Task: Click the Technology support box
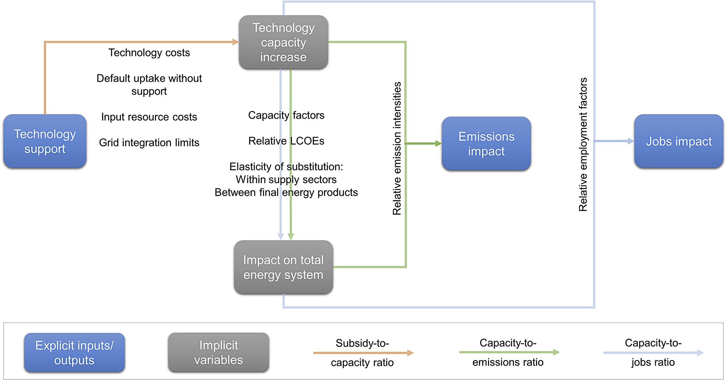(45, 141)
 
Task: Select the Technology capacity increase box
(283, 42)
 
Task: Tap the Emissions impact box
(486, 144)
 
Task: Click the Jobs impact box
(678, 141)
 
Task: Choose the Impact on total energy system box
(283, 267)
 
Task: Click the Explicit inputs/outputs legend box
(74, 352)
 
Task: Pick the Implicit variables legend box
(218, 352)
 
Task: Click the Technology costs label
(149, 53)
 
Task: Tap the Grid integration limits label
(149, 143)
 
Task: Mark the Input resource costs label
(149, 117)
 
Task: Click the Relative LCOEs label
(286, 141)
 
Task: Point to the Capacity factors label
(286, 115)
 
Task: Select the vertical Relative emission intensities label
(397, 149)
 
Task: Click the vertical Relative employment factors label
(583, 145)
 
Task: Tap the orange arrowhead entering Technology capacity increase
(235, 42)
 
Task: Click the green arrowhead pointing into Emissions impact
(438, 143)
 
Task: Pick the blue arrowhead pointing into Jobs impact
(631, 141)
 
